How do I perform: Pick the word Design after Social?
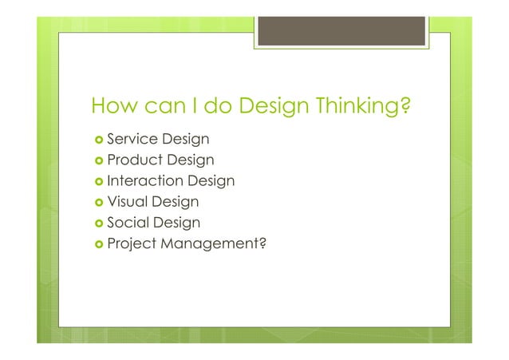tap(177, 222)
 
